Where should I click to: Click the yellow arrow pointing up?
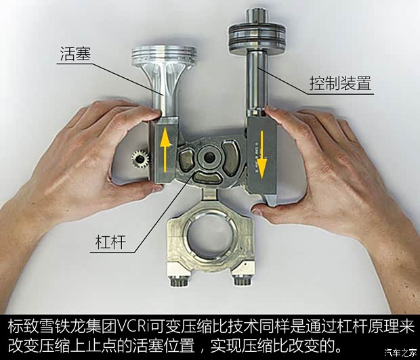tap(165, 148)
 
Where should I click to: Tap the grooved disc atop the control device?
tap(251, 32)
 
